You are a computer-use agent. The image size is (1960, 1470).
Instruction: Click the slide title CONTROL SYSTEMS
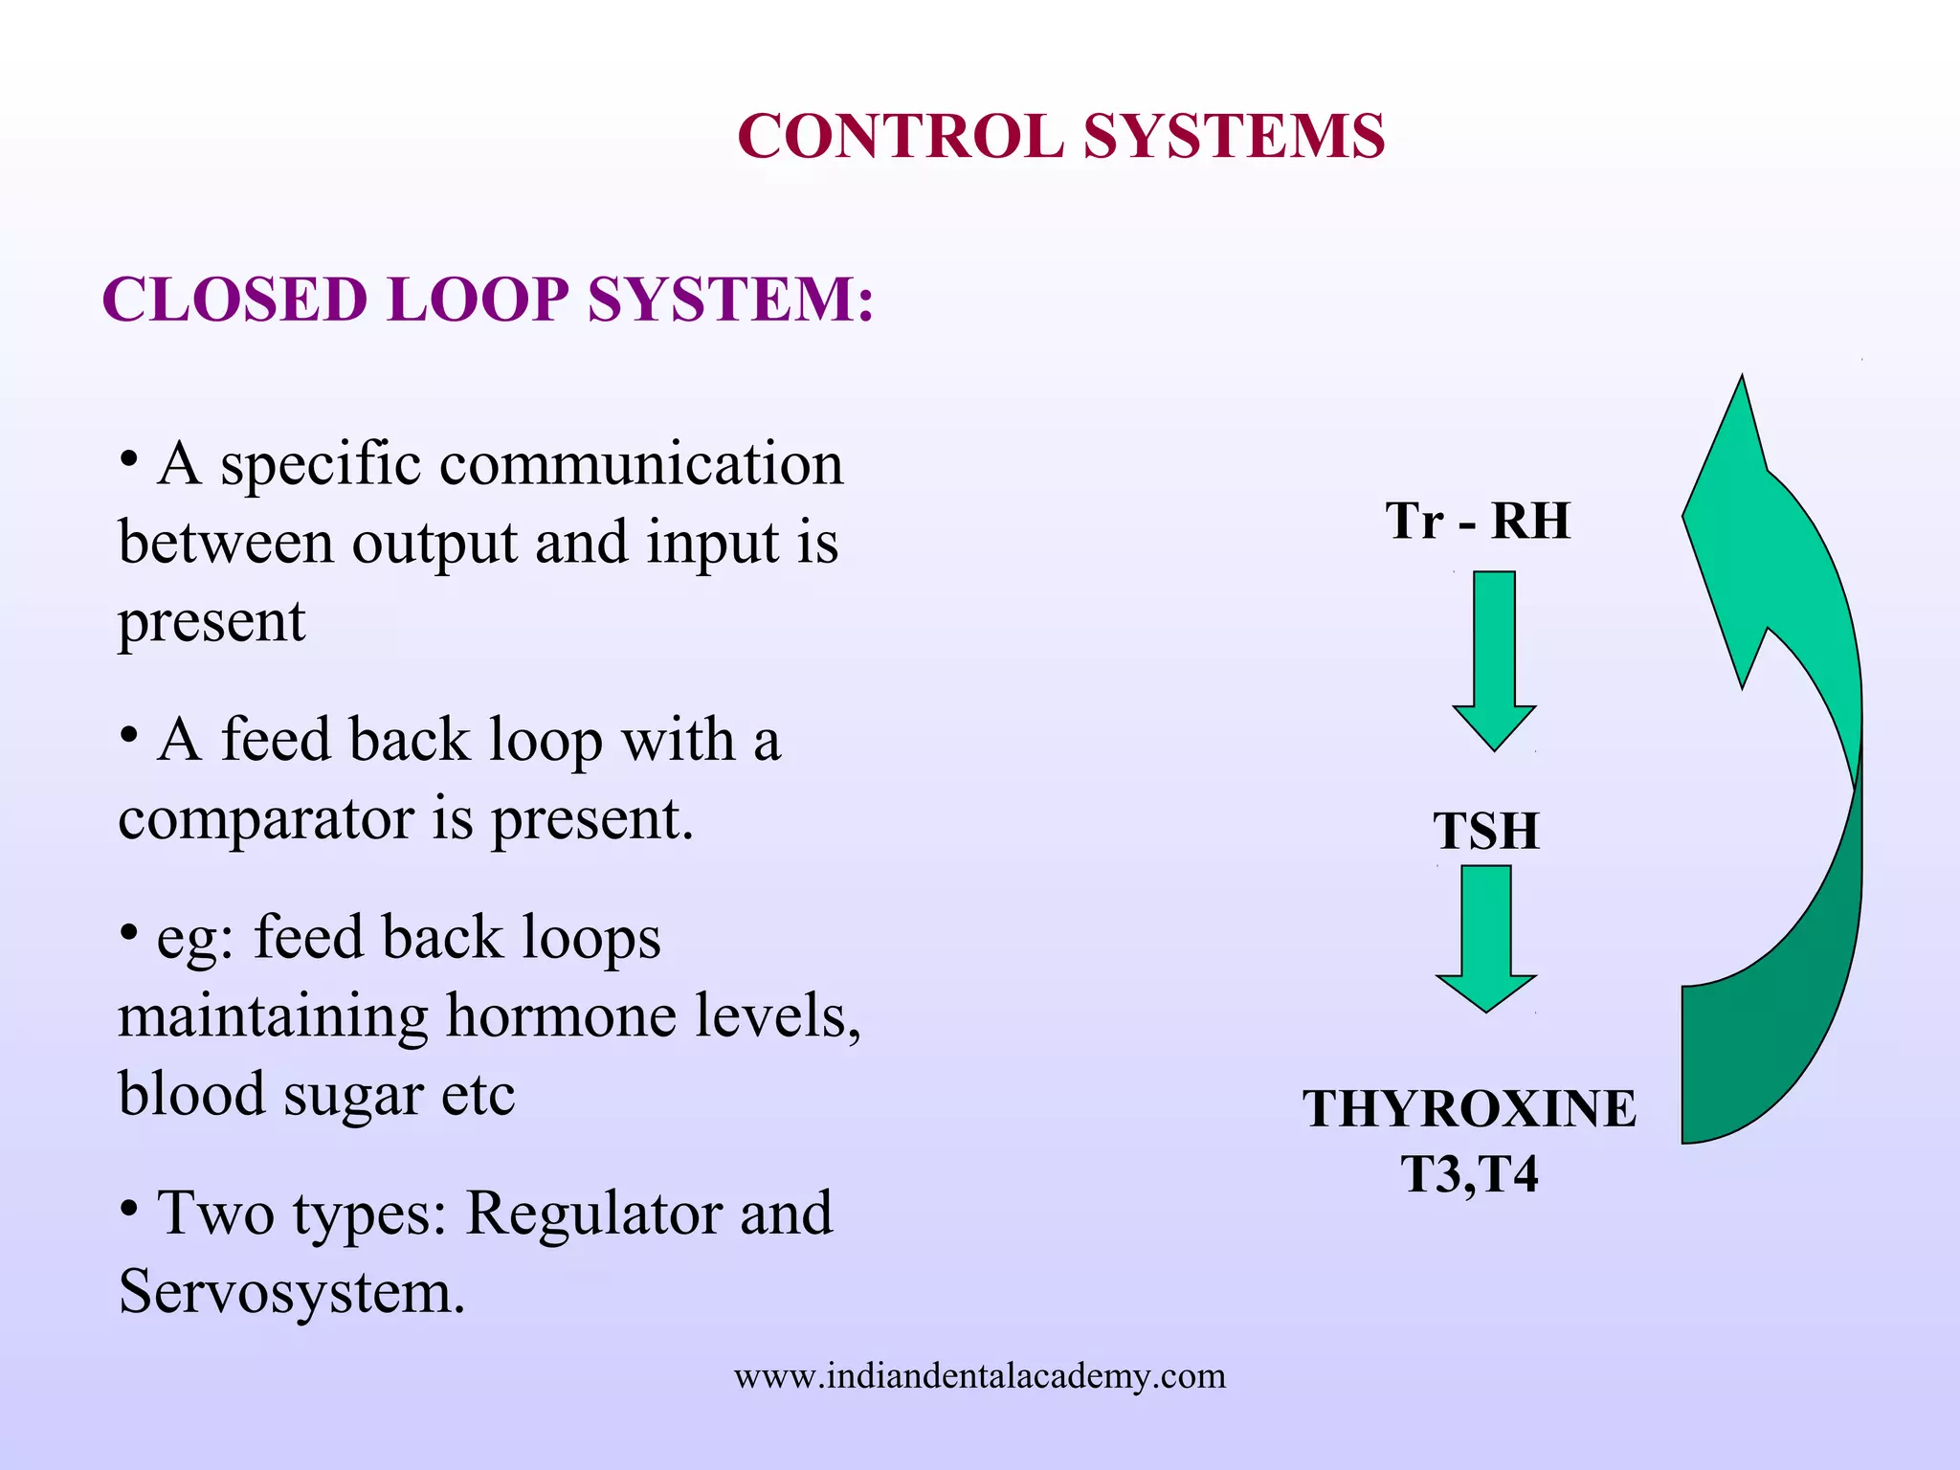(1060, 136)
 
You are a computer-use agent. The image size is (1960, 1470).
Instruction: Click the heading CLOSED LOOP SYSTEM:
(487, 300)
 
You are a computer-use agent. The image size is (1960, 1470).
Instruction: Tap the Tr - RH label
(1477, 522)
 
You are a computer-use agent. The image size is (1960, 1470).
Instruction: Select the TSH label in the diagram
(1485, 831)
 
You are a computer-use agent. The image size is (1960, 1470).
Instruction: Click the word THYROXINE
(1469, 1109)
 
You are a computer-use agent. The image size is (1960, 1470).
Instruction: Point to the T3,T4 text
(1469, 1174)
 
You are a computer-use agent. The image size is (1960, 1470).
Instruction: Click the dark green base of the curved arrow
(1771, 1053)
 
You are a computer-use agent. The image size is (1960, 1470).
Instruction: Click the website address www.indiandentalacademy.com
(979, 1376)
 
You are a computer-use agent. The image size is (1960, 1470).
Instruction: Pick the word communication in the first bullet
(640, 464)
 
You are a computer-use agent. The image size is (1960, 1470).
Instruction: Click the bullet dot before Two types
(129, 1208)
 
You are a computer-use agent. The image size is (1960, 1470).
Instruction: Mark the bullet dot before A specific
(129, 458)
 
